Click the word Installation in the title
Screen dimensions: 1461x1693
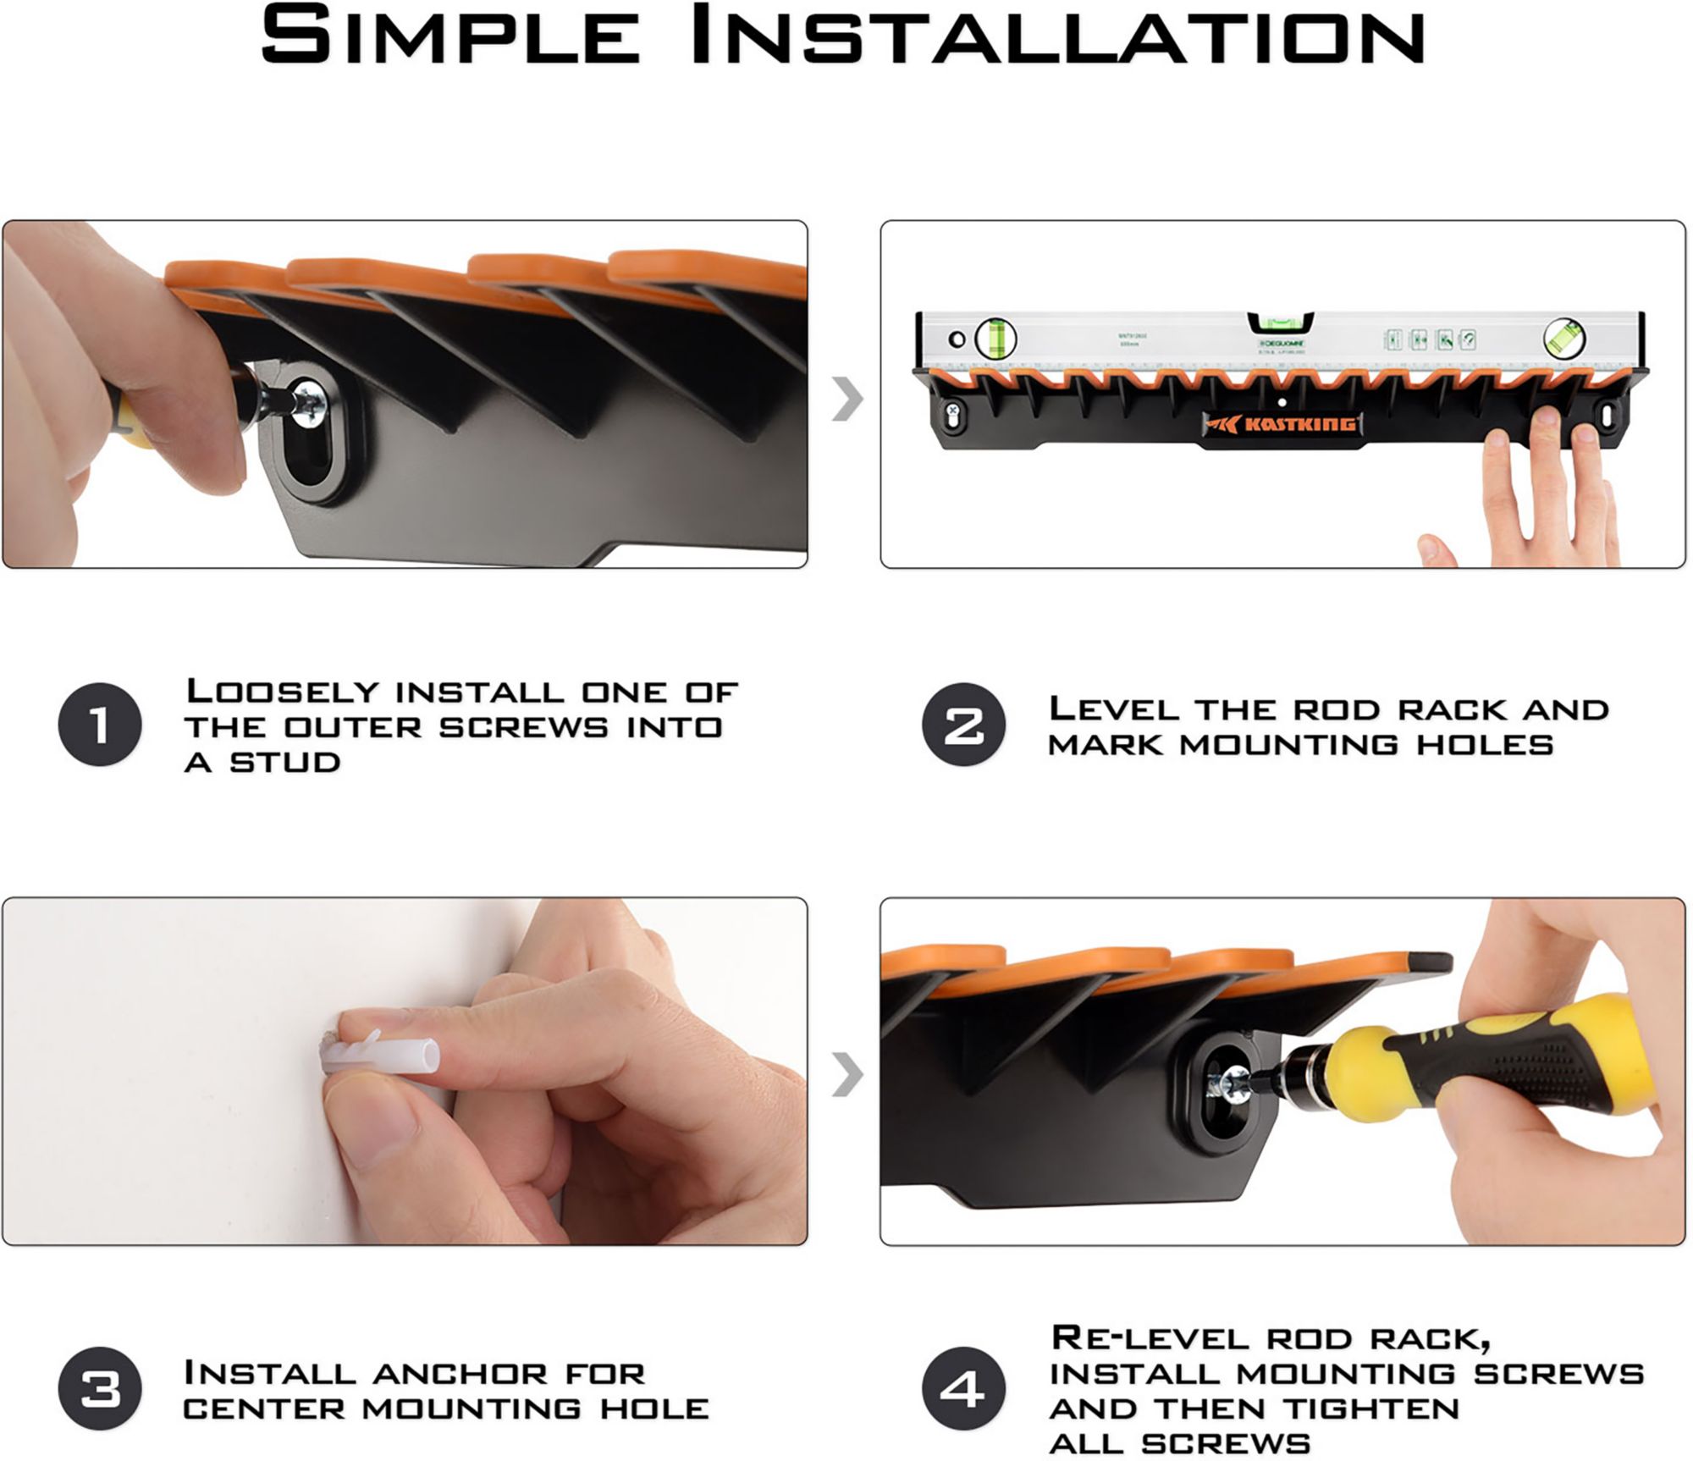tap(1058, 36)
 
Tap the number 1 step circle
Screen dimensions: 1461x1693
tap(100, 725)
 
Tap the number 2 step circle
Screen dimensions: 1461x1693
tap(963, 725)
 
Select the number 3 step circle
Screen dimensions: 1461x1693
tap(100, 1389)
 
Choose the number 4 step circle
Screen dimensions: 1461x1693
tap(963, 1389)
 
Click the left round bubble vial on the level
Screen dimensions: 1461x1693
tap(995, 339)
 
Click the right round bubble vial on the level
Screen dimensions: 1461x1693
tap(1564, 339)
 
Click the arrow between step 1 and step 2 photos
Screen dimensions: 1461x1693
tap(846, 399)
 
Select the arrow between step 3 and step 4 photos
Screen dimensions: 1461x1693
tap(846, 1076)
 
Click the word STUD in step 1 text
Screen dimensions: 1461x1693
tap(285, 763)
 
